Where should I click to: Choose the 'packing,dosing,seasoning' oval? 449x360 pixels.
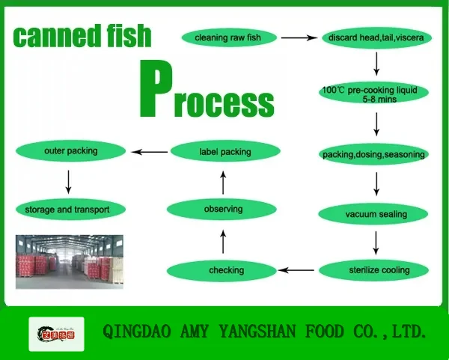(x=373, y=155)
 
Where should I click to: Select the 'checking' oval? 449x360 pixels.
(x=225, y=270)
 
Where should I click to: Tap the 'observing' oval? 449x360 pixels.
(x=223, y=209)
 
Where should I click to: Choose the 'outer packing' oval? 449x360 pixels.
(x=71, y=151)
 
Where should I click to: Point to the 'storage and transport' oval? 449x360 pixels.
(x=72, y=210)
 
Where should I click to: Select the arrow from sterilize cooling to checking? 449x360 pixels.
(x=296, y=269)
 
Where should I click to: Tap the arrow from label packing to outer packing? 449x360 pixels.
(x=149, y=152)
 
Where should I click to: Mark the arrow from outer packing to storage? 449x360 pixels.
(x=69, y=180)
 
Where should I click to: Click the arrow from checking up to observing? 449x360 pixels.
(x=223, y=241)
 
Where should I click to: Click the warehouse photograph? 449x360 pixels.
(x=69, y=262)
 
